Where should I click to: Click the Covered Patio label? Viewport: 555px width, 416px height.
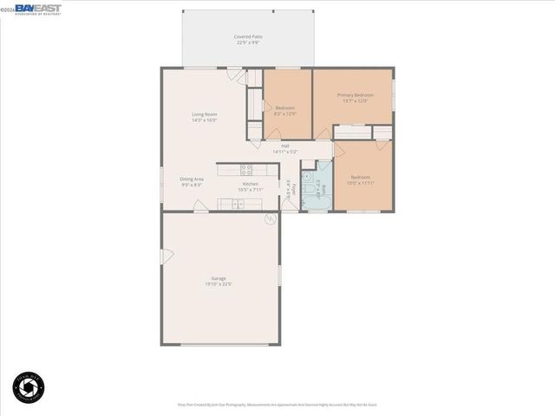248,36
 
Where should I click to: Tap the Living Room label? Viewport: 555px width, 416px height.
205,114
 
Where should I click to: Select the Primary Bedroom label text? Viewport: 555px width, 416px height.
356,94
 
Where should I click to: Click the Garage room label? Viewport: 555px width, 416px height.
219,278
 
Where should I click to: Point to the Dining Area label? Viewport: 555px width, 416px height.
192,179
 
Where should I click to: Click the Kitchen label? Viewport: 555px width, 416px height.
251,184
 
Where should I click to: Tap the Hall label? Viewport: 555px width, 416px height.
284,146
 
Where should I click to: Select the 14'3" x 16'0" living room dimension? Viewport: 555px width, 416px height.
205,120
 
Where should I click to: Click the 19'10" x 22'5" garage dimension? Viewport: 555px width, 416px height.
219,284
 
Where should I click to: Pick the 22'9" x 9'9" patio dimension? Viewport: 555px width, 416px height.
248,42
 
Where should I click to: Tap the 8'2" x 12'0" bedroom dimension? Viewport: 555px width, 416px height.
285,114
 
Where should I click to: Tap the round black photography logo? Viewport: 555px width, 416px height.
29,387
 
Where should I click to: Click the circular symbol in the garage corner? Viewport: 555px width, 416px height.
271,220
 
